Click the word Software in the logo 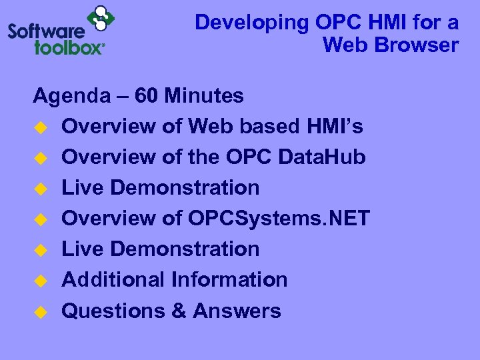46,31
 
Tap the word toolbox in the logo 69,47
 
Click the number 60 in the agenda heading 147,96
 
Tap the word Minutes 205,96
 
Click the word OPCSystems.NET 279,218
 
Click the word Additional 113,279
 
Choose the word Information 229,279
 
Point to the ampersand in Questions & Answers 178,311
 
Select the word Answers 237,311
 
